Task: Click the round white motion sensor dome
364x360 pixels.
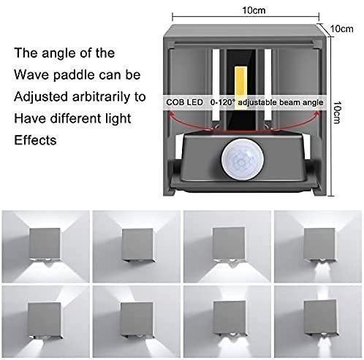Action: click(x=243, y=159)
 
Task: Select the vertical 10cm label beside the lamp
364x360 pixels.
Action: click(x=337, y=112)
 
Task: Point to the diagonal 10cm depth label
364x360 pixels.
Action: click(x=341, y=28)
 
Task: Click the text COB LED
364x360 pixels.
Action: click(x=184, y=102)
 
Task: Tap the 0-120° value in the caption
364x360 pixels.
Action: click(x=222, y=102)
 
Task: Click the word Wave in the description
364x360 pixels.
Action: click(x=31, y=74)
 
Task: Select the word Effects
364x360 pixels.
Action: click(x=35, y=140)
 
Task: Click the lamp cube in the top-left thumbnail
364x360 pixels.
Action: click(x=45, y=244)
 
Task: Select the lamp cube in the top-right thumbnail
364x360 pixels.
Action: click(x=319, y=244)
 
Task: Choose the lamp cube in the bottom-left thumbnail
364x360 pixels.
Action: click(x=44, y=318)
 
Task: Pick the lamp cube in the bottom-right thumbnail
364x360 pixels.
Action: click(x=321, y=317)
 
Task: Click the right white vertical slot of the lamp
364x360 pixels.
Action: click(x=268, y=85)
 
